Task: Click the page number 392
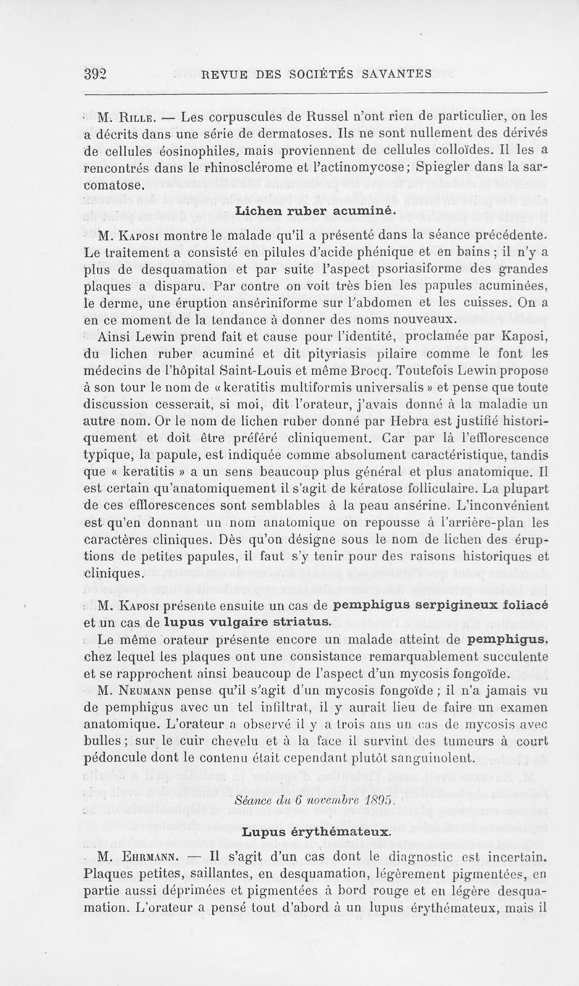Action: (96, 72)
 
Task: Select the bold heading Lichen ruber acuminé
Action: (313, 210)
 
